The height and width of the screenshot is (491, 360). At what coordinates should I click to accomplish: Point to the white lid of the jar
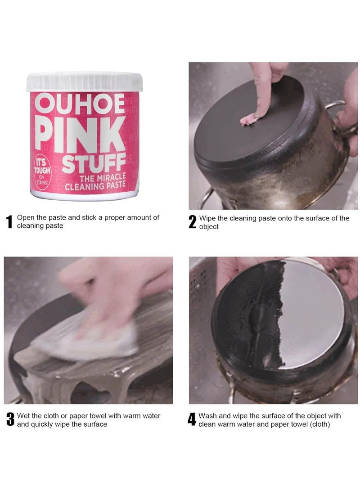pyautogui.click(x=85, y=81)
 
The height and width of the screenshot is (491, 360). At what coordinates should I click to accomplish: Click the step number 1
pyautogui.click(x=9, y=222)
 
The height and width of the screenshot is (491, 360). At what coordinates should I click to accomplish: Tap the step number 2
pyautogui.click(x=192, y=222)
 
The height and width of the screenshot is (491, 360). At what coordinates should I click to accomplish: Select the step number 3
pyautogui.click(x=9, y=420)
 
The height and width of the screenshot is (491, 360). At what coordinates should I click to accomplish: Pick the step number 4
pyautogui.click(x=192, y=420)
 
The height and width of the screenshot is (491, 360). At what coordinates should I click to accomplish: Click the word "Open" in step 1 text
pyautogui.click(x=26, y=217)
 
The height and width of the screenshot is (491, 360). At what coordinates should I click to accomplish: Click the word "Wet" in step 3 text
pyautogui.click(x=24, y=416)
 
